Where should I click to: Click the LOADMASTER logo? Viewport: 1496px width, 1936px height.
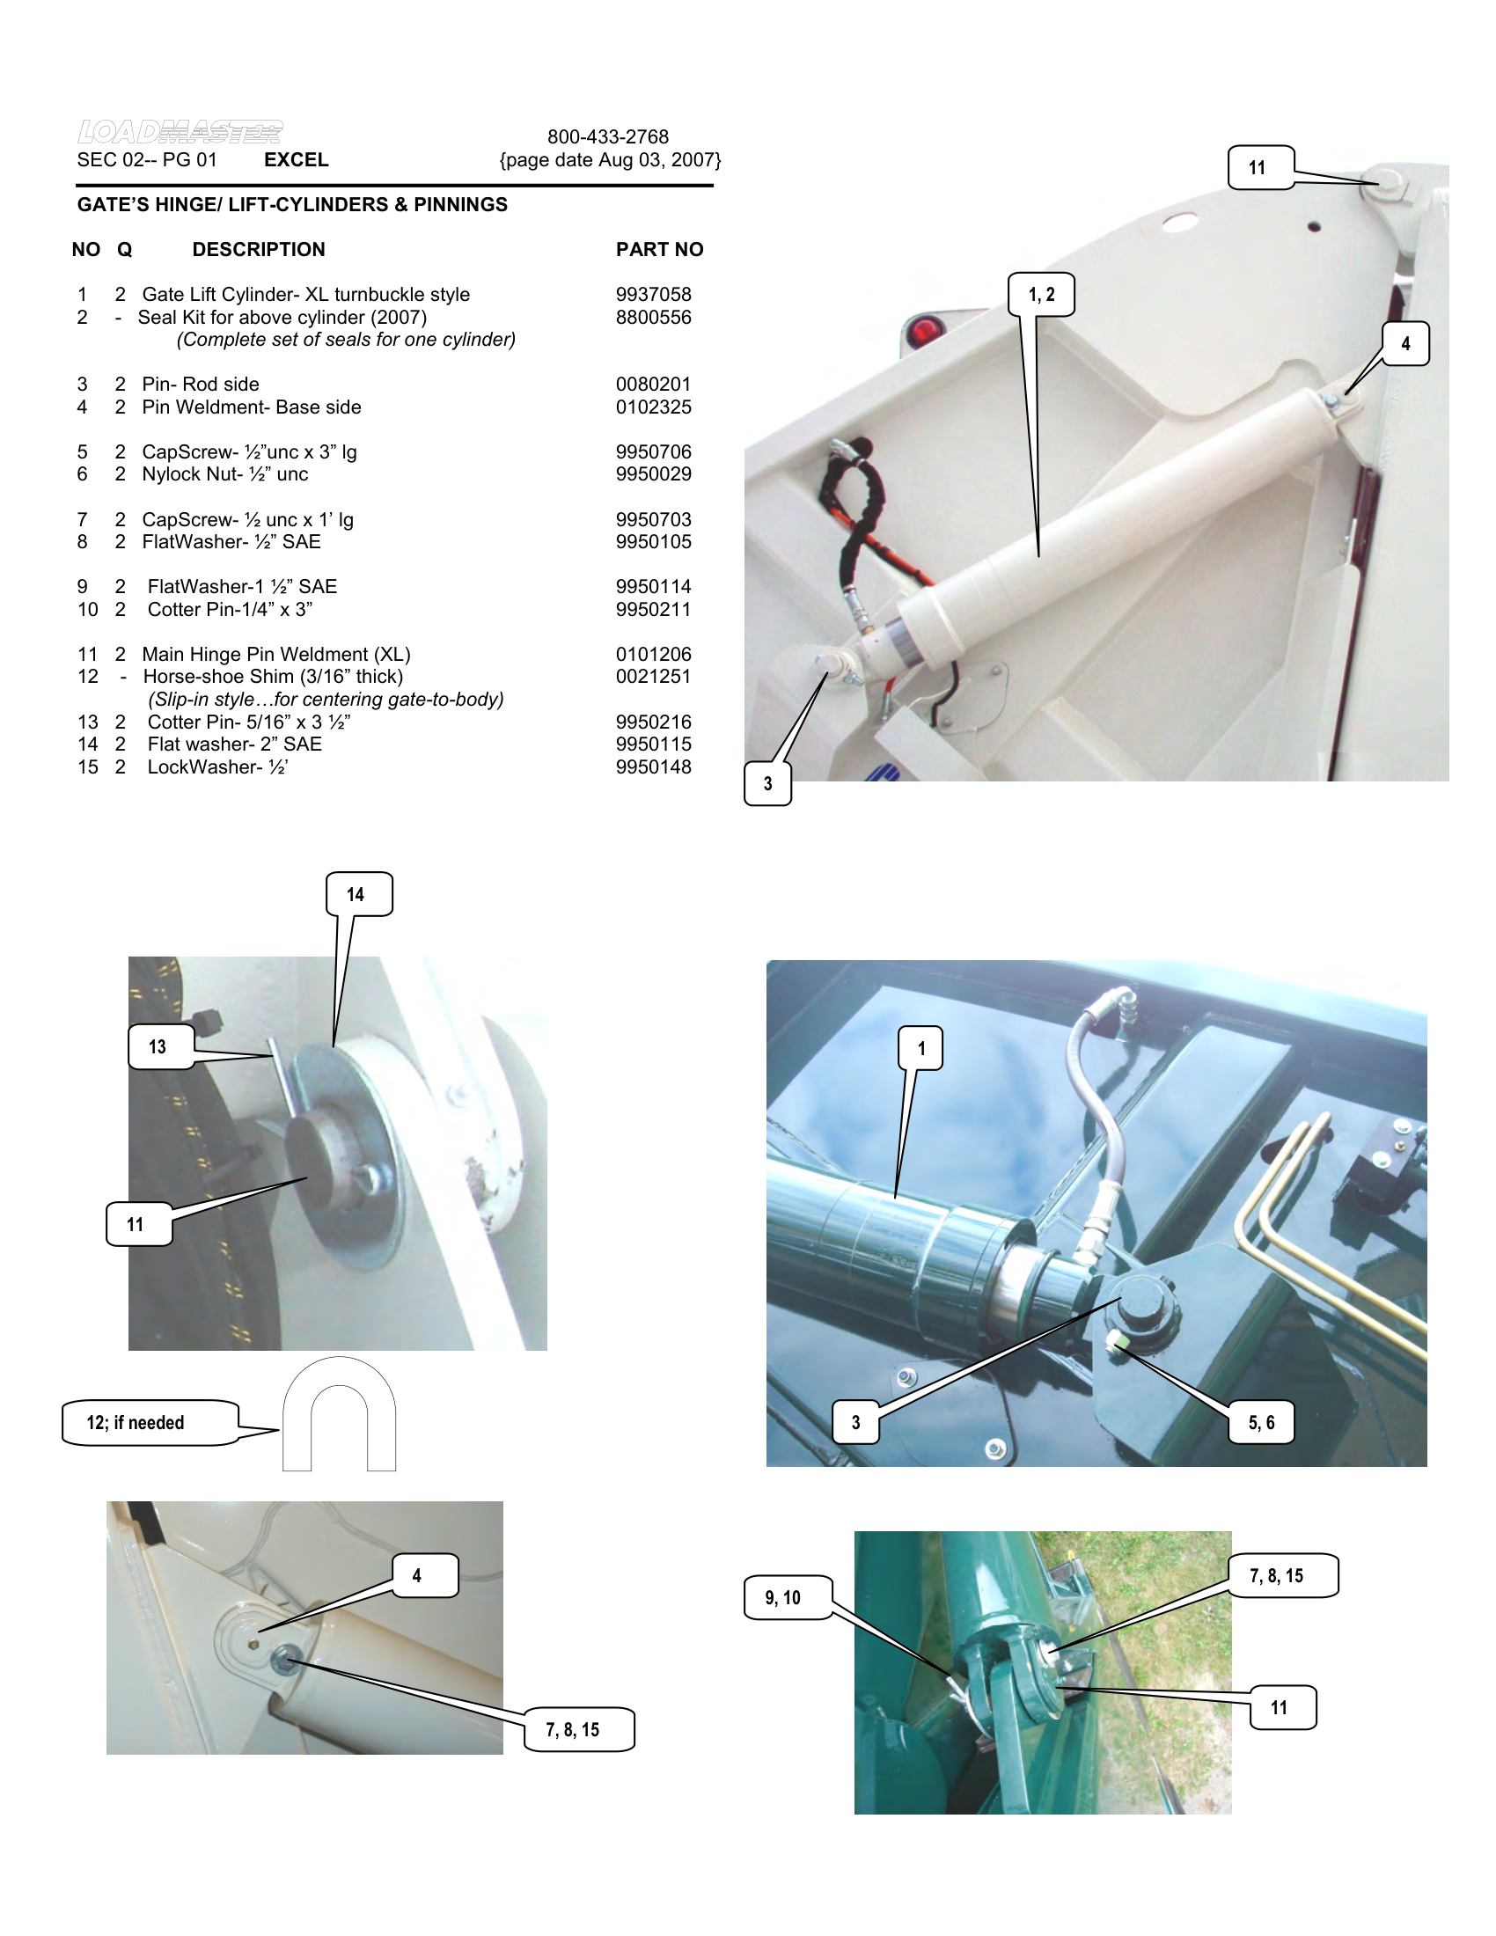(x=180, y=132)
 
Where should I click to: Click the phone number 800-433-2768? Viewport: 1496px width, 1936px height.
(x=608, y=136)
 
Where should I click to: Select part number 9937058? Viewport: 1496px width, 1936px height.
(x=653, y=294)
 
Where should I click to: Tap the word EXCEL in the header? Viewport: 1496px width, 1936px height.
(x=296, y=159)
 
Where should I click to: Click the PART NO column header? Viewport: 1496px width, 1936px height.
(x=659, y=250)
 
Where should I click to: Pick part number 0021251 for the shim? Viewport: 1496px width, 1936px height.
(x=653, y=677)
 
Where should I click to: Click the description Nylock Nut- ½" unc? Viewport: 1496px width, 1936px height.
(x=225, y=474)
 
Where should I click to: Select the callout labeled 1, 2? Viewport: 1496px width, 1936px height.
(x=1041, y=295)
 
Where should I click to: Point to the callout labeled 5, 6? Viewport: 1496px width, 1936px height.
(x=1261, y=1423)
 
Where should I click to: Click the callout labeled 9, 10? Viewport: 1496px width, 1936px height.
(x=784, y=1598)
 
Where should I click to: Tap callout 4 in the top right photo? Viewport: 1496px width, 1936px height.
(x=1405, y=344)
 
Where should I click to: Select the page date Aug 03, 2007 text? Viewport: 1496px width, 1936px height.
(x=610, y=160)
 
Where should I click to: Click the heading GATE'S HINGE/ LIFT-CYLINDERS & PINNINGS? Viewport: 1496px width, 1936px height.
(x=292, y=205)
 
